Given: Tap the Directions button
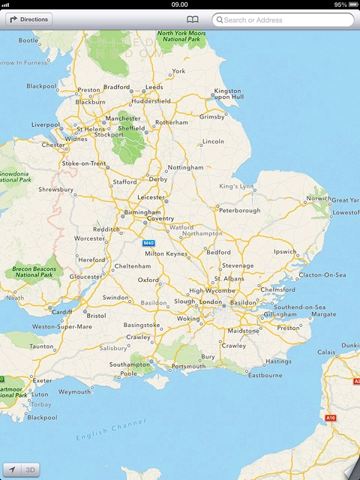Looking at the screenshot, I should click(x=29, y=19).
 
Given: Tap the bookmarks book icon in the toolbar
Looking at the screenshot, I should click(x=193, y=19).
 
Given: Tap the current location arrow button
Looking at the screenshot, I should click(x=12, y=469).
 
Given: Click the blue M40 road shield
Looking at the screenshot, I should click(x=148, y=243).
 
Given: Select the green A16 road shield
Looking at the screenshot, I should click(x=330, y=417).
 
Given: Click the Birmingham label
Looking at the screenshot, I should click(x=142, y=212).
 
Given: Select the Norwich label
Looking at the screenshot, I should click(x=316, y=199).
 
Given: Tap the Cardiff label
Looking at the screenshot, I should click(x=61, y=312).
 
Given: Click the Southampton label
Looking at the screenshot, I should click(x=129, y=364).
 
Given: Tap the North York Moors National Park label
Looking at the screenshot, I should click(x=181, y=37).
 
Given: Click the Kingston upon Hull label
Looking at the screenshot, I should click(x=228, y=94).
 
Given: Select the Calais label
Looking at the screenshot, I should click(x=326, y=352).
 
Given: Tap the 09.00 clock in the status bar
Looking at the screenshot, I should click(x=180, y=4).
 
